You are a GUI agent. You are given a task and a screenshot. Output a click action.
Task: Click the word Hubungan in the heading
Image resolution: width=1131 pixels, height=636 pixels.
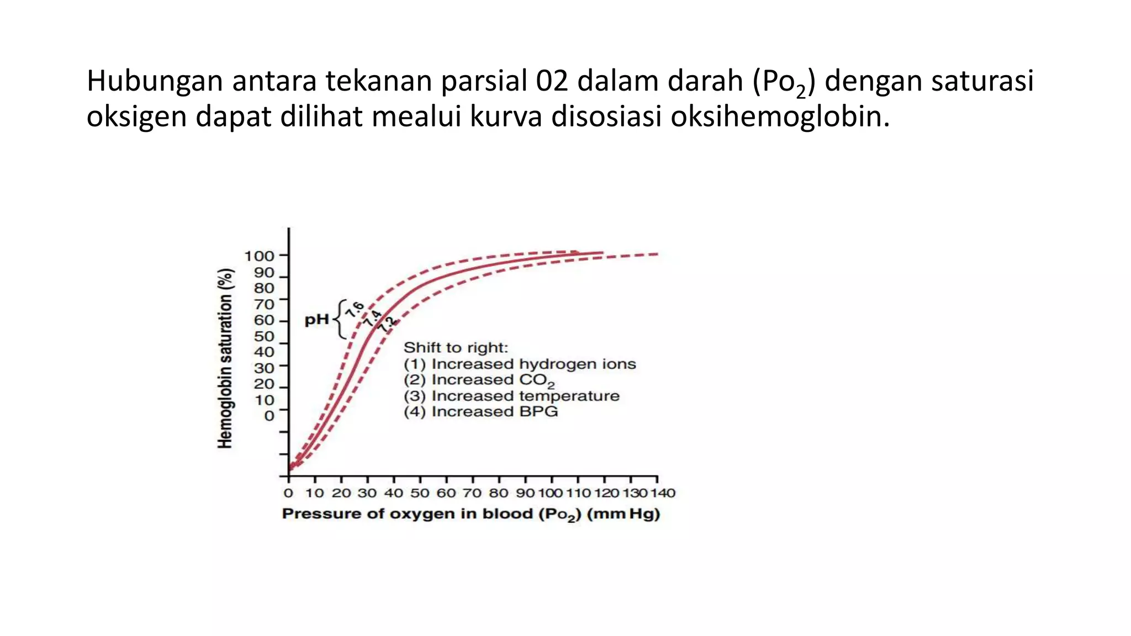pyautogui.click(x=154, y=81)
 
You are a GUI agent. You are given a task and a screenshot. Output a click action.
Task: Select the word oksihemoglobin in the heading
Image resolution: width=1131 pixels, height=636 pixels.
pyautogui.click(x=780, y=116)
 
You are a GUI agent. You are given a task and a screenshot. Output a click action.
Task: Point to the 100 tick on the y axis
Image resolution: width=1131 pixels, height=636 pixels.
pyautogui.click(x=259, y=256)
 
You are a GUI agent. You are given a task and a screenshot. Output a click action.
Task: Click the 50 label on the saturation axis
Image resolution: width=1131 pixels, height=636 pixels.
pyautogui.click(x=264, y=336)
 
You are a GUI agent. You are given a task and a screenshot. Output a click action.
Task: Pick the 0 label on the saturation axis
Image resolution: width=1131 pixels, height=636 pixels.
pyautogui.click(x=269, y=415)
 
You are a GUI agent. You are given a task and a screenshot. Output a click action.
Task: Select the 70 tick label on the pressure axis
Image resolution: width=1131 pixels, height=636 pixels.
pyautogui.click(x=472, y=493)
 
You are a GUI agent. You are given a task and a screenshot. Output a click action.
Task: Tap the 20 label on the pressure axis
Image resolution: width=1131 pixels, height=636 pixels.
pyautogui.click(x=341, y=493)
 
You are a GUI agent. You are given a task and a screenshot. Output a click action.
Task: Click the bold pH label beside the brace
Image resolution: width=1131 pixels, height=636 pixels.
pyautogui.click(x=316, y=320)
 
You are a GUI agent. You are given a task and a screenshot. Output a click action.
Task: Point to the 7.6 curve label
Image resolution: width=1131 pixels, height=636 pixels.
pyautogui.click(x=354, y=310)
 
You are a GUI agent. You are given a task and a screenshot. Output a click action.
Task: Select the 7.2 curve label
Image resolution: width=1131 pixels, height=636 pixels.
pyautogui.click(x=388, y=324)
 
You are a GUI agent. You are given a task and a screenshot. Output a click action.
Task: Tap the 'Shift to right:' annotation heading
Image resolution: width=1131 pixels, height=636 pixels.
pyautogui.click(x=456, y=348)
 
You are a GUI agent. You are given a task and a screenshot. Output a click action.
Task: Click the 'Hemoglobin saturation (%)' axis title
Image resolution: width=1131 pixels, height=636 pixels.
pyautogui.click(x=225, y=358)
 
